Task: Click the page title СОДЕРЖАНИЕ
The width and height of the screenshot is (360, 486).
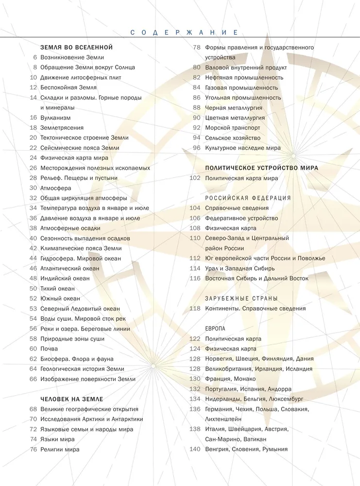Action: point(184,33)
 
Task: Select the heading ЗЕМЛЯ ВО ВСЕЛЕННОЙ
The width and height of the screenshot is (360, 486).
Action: point(77,47)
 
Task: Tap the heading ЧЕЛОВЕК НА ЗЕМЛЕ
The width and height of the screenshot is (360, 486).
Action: point(72,399)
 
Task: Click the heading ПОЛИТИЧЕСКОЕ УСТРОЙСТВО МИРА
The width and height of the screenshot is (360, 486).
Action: point(261,168)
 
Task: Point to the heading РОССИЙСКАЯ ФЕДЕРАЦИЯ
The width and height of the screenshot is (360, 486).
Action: point(248,198)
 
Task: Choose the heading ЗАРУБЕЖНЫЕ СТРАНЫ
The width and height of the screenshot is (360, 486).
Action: point(241,298)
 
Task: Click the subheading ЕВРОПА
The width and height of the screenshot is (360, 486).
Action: point(216,329)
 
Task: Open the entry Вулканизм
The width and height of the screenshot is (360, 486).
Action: point(55,118)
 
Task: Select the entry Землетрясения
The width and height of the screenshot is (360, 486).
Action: point(62,127)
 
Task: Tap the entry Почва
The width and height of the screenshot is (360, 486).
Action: point(49,348)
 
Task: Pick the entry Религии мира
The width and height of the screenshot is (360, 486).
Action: point(60,449)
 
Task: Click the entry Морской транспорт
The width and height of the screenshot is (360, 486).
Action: point(233,127)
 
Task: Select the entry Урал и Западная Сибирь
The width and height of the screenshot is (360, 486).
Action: point(240,268)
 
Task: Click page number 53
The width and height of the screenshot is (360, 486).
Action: point(33,308)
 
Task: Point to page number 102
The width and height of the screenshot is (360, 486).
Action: point(195,178)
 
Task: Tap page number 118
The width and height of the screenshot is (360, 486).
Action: point(195,308)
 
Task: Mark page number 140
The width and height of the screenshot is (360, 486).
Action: point(195,449)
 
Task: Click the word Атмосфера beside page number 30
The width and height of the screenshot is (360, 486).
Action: point(56,188)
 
